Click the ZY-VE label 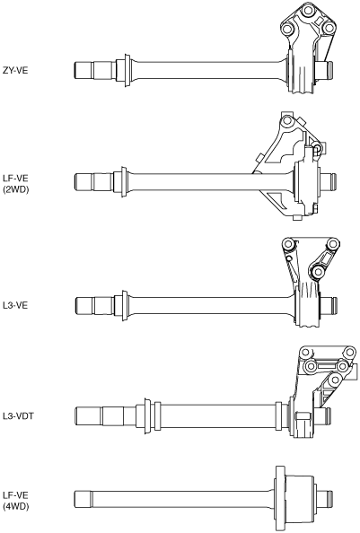tap(15, 70)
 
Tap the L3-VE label tap(15, 305)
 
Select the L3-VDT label tap(18, 415)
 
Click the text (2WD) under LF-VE tap(15, 189)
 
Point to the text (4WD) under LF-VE tap(15, 506)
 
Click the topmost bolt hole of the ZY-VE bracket tap(308, 11)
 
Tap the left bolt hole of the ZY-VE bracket tap(287, 30)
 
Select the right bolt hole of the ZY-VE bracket tap(328, 29)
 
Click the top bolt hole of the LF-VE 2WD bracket tap(288, 120)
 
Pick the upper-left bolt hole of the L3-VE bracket tap(289, 244)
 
